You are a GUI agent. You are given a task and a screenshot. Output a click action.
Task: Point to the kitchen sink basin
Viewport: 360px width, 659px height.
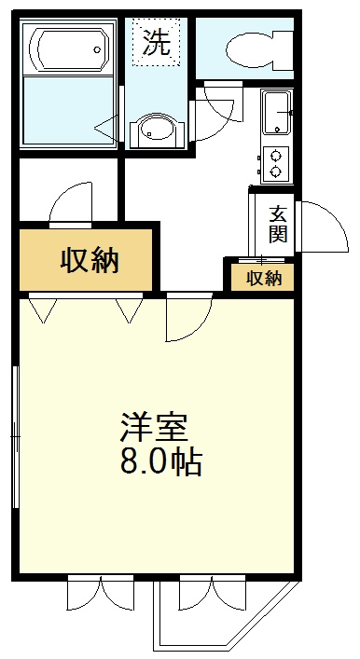[276, 113]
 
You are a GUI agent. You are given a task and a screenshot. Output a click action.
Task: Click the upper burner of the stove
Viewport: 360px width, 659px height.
[276, 155]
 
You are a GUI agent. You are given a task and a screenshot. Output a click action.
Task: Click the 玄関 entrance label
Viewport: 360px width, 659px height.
[277, 223]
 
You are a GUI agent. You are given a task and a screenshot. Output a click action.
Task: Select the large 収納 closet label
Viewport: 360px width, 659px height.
[90, 261]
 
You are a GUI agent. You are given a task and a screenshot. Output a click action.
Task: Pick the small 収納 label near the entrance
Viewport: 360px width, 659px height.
[263, 278]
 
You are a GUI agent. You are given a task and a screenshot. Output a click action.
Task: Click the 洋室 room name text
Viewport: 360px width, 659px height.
[154, 426]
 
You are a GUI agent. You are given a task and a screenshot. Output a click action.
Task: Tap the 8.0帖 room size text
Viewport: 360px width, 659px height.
[160, 461]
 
